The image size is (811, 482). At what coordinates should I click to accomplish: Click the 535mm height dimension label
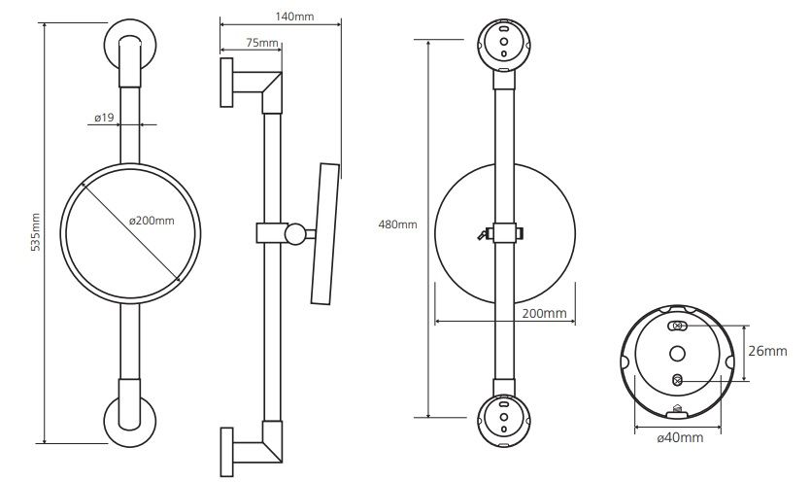(x=36, y=232)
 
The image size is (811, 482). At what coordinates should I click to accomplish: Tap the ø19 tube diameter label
(x=104, y=118)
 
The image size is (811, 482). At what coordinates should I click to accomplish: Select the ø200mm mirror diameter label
(x=152, y=221)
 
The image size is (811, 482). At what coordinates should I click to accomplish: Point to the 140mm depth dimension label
(x=293, y=17)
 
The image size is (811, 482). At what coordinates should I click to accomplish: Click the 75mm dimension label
(x=262, y=43)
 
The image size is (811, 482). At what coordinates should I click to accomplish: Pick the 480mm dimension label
(x=397, y=224)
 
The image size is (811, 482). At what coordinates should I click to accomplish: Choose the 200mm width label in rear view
(x=544, y=313)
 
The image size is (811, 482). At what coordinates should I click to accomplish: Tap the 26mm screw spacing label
(x=767, y=351)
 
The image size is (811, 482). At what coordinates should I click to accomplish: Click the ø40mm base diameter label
(x=680, y=438)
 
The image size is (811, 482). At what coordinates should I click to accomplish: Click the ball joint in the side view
(x=295, y=233)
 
